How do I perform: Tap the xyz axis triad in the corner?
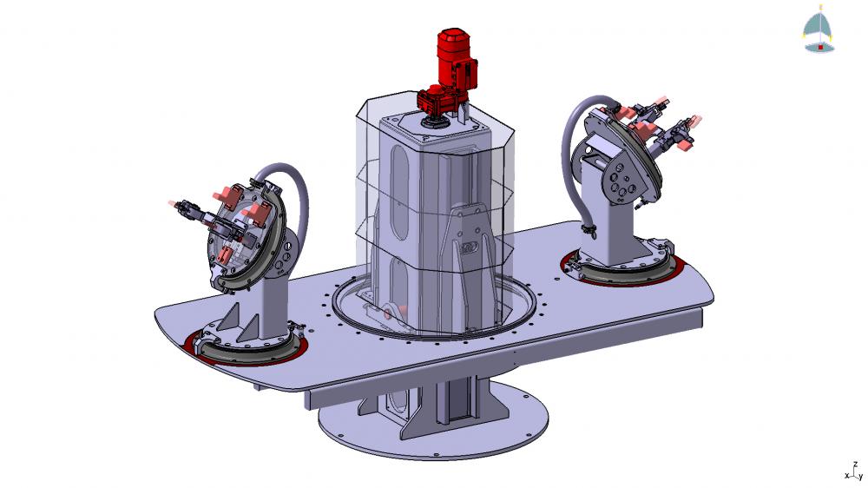coord(855,471)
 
